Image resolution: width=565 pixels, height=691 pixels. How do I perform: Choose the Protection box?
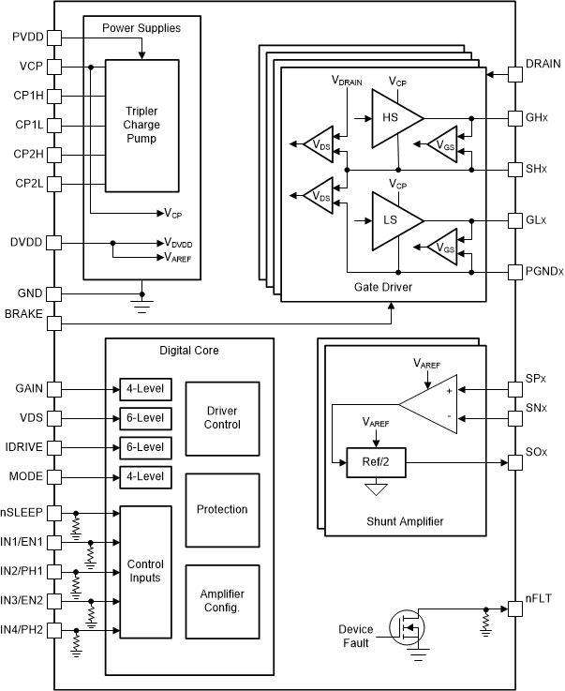222,509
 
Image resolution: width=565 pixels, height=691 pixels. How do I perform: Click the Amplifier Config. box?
222,600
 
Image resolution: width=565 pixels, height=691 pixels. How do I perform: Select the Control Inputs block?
144,571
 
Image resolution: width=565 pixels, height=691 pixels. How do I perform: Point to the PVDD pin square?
53,38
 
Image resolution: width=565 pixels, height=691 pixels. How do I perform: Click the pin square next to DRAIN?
514,72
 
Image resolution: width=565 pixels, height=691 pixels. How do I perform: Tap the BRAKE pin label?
23,313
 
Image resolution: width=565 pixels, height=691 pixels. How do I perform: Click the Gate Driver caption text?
384,285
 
